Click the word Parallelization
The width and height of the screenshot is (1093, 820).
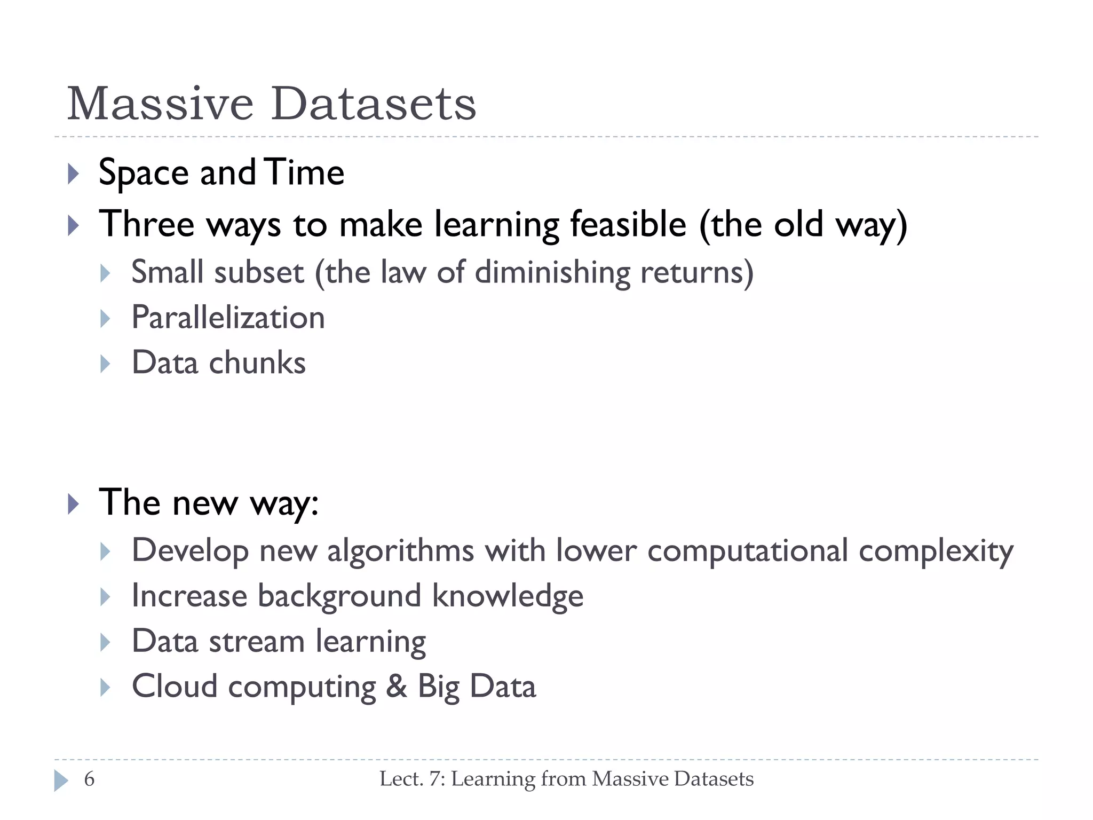click(228, 318)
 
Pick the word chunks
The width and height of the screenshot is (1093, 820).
click(257, 363)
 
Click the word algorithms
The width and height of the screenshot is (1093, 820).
click(400, 551)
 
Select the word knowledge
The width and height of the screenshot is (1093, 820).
click(508, 596)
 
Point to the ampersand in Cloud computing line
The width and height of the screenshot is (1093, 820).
click(396, 687)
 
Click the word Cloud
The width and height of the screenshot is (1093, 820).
click(175, 687)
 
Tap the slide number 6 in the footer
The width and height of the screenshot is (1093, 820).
click(89, 779)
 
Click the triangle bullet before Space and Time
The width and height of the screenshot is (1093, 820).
click(74, 174)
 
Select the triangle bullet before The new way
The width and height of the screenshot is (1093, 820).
click(74, 504)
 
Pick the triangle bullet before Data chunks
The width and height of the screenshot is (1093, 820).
click(105, 364)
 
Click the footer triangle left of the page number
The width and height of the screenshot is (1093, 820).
click(61, 780)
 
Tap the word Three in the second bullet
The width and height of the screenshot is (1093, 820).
click(147, 224)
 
